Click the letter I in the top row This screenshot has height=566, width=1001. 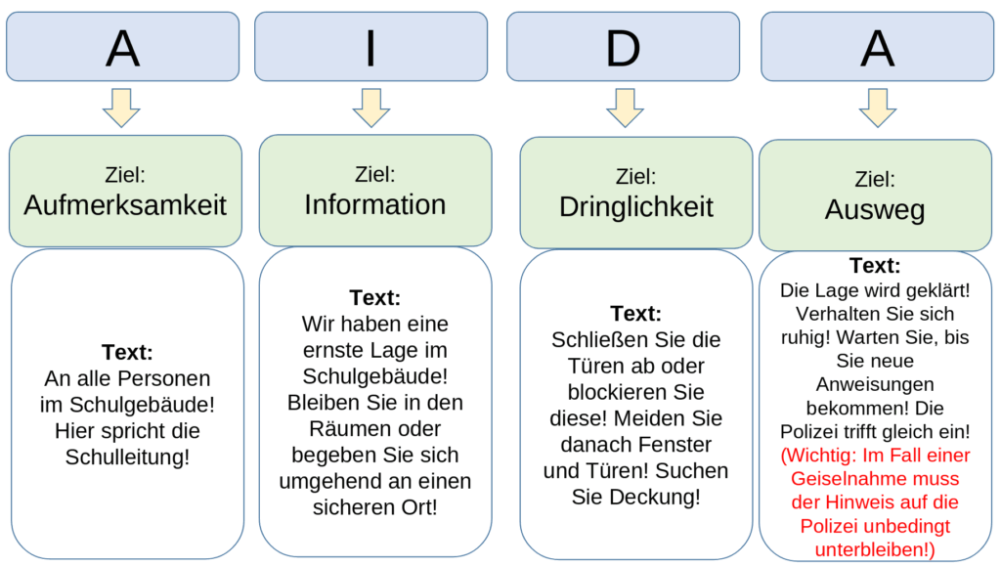(370, 47)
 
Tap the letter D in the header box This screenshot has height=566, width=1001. (623, 47)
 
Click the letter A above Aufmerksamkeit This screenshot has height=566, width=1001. (122, 47)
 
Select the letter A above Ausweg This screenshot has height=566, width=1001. (877, 47)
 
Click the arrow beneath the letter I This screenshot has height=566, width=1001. (371, 108)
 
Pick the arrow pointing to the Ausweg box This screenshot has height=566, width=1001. (877, 108)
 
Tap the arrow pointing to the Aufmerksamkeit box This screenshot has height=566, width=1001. (121, 108)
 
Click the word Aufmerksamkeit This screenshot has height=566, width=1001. (125, 205)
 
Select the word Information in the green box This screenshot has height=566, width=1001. (374, 204)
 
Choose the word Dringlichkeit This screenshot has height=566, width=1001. (636, 207)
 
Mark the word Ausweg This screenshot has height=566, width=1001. (875, 210)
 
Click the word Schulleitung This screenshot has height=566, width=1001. (127, 457)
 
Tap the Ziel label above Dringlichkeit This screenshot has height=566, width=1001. (635, 177)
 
